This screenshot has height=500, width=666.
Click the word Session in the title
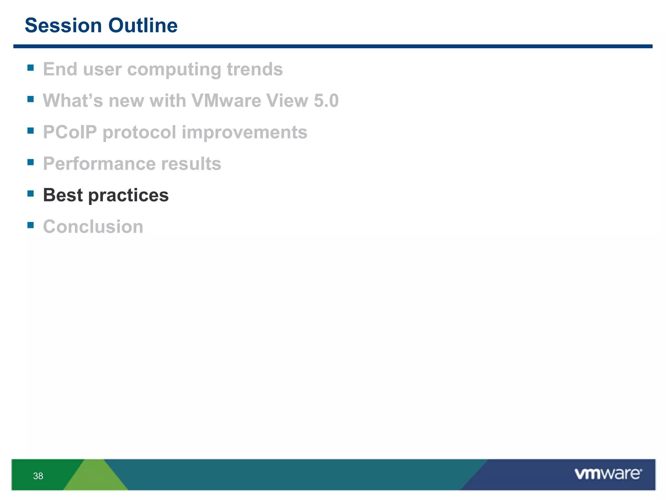pyautogui.click(x=63, y=26)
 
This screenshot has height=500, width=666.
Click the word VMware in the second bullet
pyautogui.click(x=226, y=101)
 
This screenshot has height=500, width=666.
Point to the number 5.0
pyautogui.click(x=326, y=101)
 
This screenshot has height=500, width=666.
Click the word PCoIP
pyautogui.click(x=70, y=132)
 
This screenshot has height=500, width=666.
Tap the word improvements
pyautogui.click(x=244, y=132)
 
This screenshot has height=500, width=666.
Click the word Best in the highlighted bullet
pyautogui.click(x=63, y=195)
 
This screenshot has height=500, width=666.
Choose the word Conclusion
pyautogui.click(x=93, y=227)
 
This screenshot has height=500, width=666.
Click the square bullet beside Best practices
pyautogui.click(x=31, y=194)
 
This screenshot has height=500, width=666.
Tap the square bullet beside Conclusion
pyautogui.click(x=31, y=225)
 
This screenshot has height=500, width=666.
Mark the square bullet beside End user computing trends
pyautogui.click(x=31, y=68)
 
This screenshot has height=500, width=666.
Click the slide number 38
pyautogui.click(x=38, y=476)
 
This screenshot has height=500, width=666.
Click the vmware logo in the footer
pyautogui.click(x=608, y=474)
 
